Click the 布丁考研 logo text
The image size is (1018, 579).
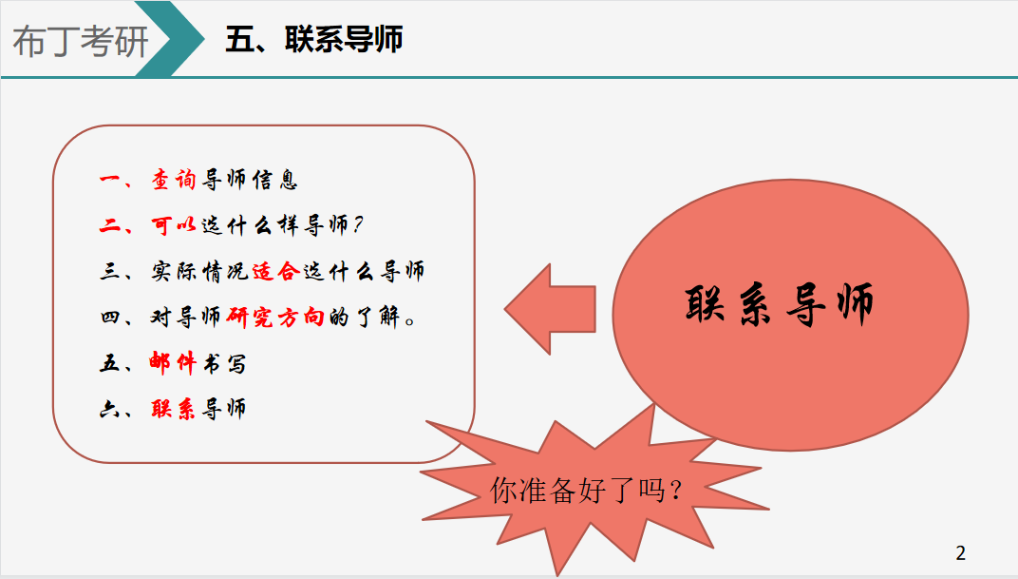[81, 42]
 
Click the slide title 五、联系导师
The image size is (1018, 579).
[314, 39]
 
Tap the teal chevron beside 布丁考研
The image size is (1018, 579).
[170, 39]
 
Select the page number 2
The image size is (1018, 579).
[961, 553]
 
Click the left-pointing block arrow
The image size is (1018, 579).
[550, 309]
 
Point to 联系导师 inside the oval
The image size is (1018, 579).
[779, 304]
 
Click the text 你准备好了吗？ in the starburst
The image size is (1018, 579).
[586, 490]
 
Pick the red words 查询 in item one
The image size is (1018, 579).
[174, 180]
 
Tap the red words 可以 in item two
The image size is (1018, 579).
[174, 225]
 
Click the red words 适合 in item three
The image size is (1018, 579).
[275, 271]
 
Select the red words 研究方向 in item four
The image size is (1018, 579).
[275, 318]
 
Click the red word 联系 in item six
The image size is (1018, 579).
[173, 409]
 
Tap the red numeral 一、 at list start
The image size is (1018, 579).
[116, 180]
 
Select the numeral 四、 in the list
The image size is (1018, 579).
[116, 318]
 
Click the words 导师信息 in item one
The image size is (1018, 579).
[250, 180]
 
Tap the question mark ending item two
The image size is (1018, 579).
[358, 225]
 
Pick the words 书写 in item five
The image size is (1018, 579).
[225, 363]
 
